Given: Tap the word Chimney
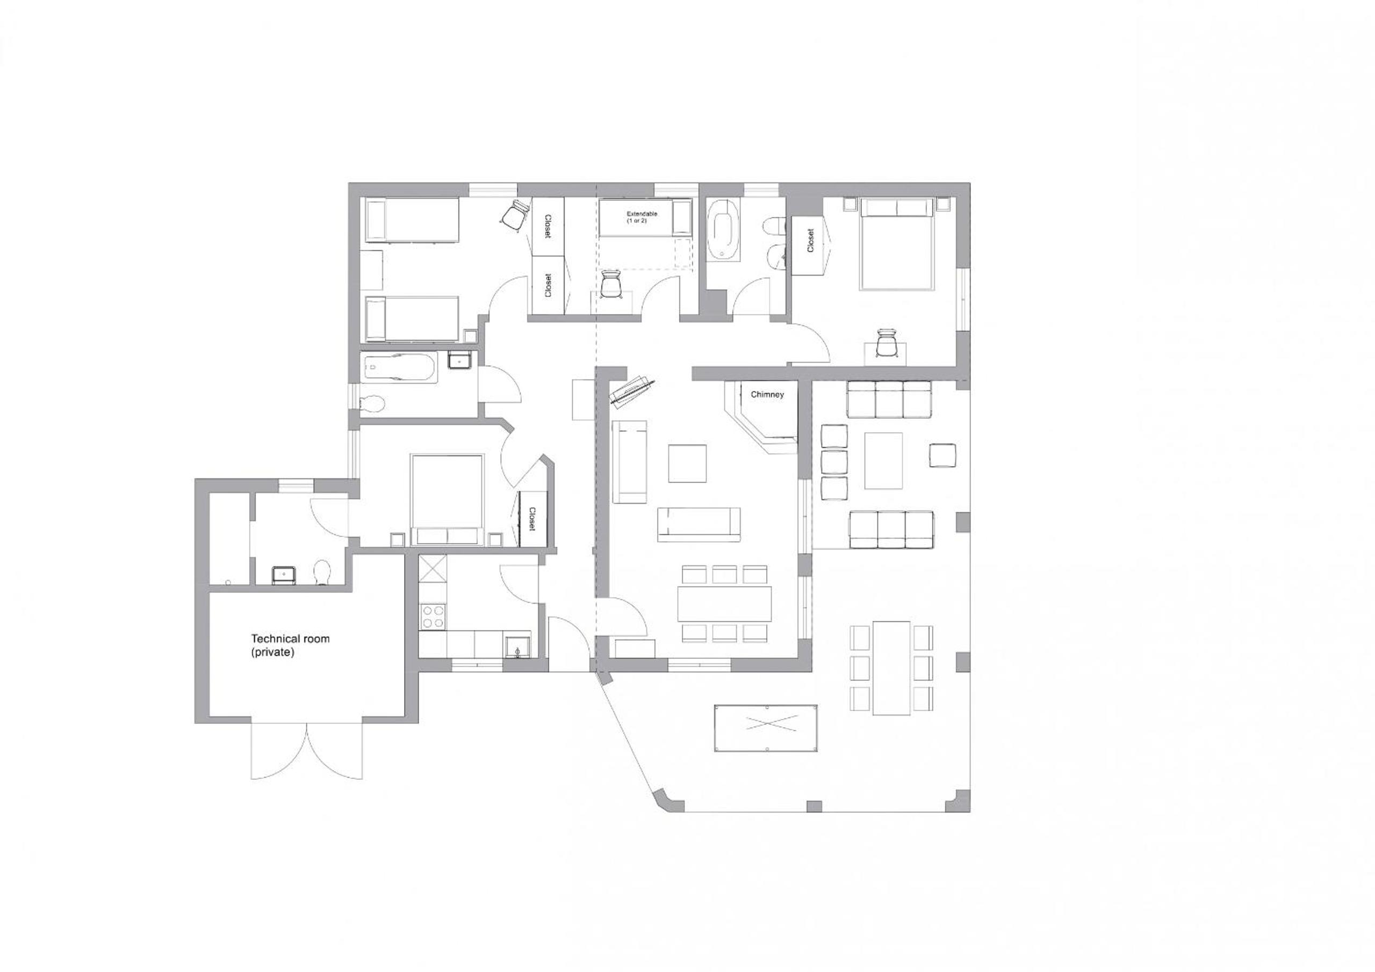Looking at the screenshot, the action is tap(767, 394).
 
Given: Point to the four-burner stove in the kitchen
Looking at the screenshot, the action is tap(433, 617).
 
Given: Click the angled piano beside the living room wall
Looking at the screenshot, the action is tap(632, 392).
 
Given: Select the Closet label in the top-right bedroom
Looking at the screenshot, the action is tap(811, 240).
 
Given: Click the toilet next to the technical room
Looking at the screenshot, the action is tap(322, 571).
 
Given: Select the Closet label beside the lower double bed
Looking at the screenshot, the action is tap(532, 519).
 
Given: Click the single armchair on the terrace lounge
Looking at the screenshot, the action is tap(942, 455).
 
